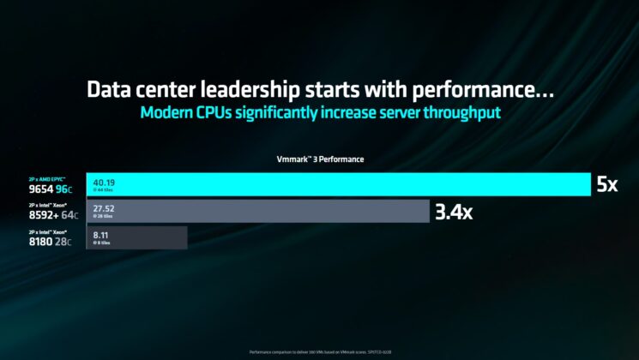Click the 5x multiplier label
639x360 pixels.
(x=606, y=184)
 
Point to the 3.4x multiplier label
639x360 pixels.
(x=453, y=212)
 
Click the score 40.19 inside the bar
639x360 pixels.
(x=105, y=182)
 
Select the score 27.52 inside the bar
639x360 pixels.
(x=105, y=208)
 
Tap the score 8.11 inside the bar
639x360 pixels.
(x=101, y=235)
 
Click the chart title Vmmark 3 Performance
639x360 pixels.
(x=320, y=159)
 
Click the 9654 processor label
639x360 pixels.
(x=40, y=189)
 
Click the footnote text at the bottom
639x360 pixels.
(x=319, y=351)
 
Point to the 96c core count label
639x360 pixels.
(x=63, y=189)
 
